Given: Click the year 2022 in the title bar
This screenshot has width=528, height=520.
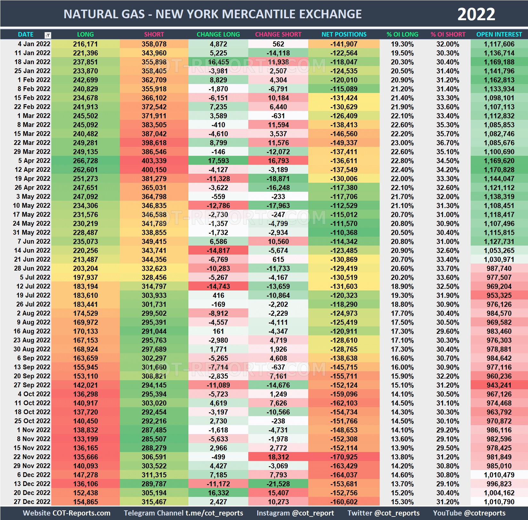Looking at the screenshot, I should click(476, 14).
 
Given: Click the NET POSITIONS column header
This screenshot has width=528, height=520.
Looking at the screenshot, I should click(344, 34).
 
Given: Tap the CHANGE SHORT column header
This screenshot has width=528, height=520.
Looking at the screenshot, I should click(278, 34).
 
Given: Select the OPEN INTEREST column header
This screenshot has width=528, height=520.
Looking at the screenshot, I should click(499, 34).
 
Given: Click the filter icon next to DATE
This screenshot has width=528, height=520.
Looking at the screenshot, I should click(48, 35).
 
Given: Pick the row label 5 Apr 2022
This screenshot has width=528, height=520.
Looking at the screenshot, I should click(34, 161).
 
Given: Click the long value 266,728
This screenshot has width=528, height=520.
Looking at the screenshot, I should click(85, 161).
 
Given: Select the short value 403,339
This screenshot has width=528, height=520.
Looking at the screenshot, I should click(154, 161).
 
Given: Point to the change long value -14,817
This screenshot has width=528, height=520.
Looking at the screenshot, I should click(218, 250).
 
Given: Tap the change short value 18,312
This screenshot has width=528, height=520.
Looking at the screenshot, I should click(278, 457).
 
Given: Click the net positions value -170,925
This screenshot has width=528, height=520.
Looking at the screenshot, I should click(344, 457).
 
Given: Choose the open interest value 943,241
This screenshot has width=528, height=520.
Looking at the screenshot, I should click(499, 385).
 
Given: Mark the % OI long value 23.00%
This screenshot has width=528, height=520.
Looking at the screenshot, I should click(402, 143).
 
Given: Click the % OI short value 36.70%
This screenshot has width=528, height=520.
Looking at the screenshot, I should click(448, 143).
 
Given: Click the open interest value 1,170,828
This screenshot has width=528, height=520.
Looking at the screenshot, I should click(499, 170).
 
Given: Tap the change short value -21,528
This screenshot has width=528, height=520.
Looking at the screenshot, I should click(278, 484).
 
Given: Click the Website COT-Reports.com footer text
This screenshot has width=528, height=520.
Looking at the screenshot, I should click(67, 513).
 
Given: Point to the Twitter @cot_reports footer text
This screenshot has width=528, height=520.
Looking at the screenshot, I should click(383, 513).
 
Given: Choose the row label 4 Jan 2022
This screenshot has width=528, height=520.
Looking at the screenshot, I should click(34, 44).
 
